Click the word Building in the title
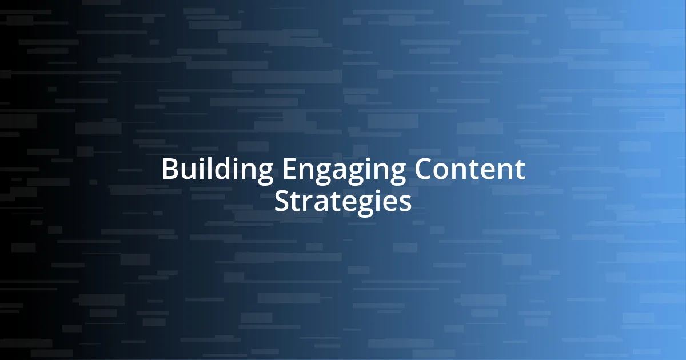(217, 170)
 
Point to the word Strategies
(342, 201)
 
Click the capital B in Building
(169, 170)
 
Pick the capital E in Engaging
(288, 170)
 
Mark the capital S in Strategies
(281, 201)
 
